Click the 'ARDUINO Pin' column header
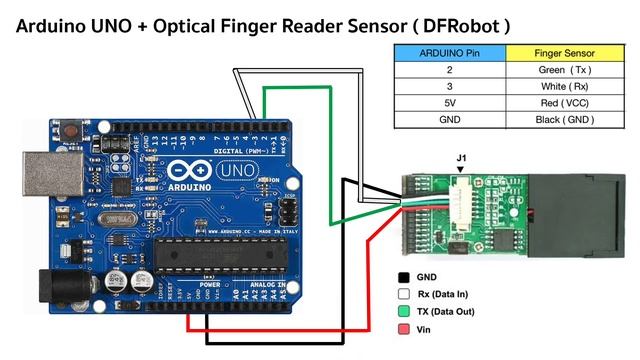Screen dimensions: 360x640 [x=450, y=52]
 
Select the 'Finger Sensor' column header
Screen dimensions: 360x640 [x=564, y=52]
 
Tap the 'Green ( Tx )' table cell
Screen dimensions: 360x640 [x=564, y=69]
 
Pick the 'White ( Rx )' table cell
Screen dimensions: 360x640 [x=564, y=86]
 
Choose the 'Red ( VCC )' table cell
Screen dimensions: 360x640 [x=564, y=103]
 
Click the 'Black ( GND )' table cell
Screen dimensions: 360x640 [x=564, y=119]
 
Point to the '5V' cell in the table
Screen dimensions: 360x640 [x=450, y=103]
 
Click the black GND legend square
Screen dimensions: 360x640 [x=403, y=276]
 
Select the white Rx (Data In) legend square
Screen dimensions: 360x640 [x=403, y=294]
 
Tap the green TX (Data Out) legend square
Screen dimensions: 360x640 [x=403, y=312]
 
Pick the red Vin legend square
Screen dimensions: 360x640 [x=403, y=329]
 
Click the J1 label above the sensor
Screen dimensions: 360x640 [x=461, y=158]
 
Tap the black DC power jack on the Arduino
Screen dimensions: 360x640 [x=58, y=288]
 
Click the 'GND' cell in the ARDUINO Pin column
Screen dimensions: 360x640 [x=450, y=119]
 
